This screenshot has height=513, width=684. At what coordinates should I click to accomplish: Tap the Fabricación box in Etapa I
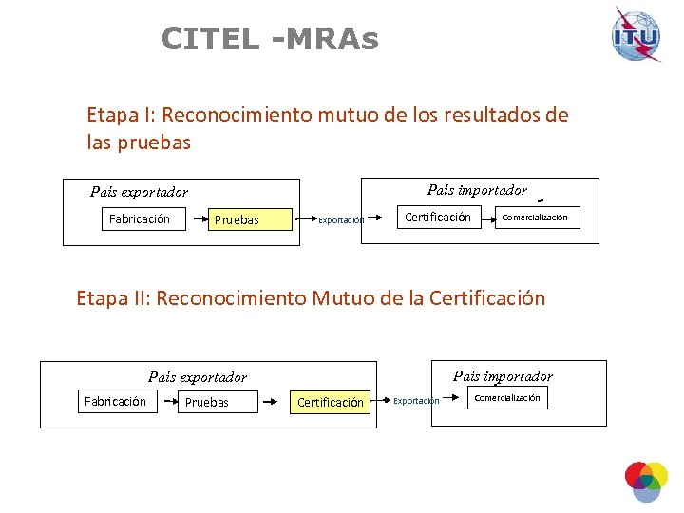click(x=140, y=219)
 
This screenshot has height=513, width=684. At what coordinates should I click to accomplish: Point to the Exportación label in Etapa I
click(x=341, y=220)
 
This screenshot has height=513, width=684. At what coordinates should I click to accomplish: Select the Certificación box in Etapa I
click(x=438, y=218)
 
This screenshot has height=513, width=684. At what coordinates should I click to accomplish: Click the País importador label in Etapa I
click(x=477, y=190)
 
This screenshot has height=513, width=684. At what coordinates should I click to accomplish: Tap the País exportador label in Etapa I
click(x=139, y=192)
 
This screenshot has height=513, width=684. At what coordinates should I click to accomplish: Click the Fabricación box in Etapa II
click(x=115, y=402)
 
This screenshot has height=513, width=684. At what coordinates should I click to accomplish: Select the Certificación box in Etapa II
click(x=331, y=403)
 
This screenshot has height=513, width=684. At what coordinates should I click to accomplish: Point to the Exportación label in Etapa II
click(x=417, y=401)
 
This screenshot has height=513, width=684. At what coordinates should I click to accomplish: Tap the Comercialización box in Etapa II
click(x=508, y=398)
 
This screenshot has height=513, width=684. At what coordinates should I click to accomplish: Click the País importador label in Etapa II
click(x=503, y=376)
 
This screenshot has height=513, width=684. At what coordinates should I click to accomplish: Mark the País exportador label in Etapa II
click(x=198, y=377)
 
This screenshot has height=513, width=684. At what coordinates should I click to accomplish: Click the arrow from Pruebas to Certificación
click(x=275, y=402)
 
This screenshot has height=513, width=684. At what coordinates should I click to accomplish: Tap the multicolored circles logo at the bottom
click(x=646, y=480)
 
